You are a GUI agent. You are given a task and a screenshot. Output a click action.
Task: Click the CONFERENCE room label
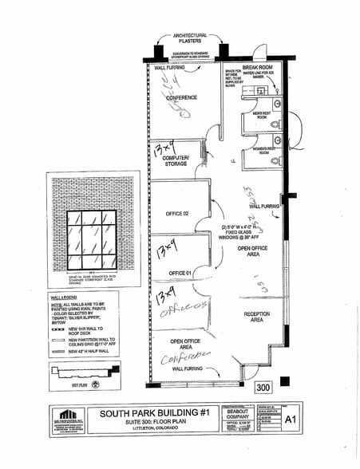pos(181,97)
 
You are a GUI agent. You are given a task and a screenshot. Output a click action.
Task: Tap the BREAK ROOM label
pos(258,68)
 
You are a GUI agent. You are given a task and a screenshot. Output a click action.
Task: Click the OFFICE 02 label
pos(176,214)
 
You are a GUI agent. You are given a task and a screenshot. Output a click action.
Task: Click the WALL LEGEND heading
pos(62,295)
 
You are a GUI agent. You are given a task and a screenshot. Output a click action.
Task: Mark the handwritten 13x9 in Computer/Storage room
pos(165,148)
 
